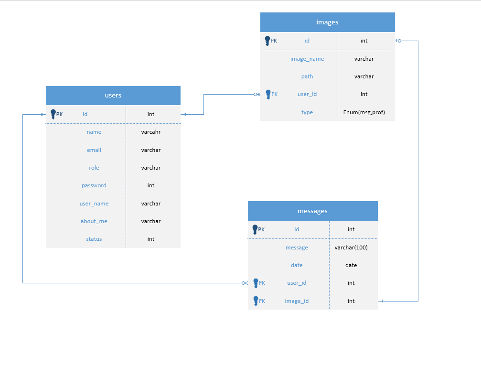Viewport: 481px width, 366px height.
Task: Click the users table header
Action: click(x=113, y=95)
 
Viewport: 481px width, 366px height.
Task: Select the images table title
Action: click(x=327, y=22)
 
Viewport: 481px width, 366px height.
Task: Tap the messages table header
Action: click(x=312, y=211)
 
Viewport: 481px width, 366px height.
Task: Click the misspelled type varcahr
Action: click(x=151, y=132)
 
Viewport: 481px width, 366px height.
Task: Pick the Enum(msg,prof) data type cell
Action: click(x=364, y=112)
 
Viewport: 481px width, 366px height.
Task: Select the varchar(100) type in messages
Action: click(x=351, y=247)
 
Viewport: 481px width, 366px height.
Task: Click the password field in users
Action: click(x=94, y=185)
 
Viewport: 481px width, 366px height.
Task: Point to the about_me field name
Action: click(x=94, y=221)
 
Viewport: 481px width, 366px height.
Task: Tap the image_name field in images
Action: click(x=307, y=59)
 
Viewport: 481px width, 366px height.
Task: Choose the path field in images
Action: click(x=307, y=76)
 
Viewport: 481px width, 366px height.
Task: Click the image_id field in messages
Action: click(x=297, y=301)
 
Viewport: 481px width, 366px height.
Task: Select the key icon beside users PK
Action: click(x=53, y=114)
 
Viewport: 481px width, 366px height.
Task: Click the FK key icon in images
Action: click(x=268, y=94)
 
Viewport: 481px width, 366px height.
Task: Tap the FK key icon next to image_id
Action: click(x=256, y=301)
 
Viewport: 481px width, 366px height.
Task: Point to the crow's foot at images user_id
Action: click(x=257, y=94)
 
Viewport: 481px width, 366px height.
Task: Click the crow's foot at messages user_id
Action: click(x=245, y=283)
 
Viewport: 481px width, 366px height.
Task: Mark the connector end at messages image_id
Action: click(x=381, y=301)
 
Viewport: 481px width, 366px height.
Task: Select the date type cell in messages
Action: click(x=351, y=265)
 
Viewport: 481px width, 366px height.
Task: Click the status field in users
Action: click(x=94, y=239)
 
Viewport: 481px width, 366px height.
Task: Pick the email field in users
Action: click(x=94, y=150)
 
